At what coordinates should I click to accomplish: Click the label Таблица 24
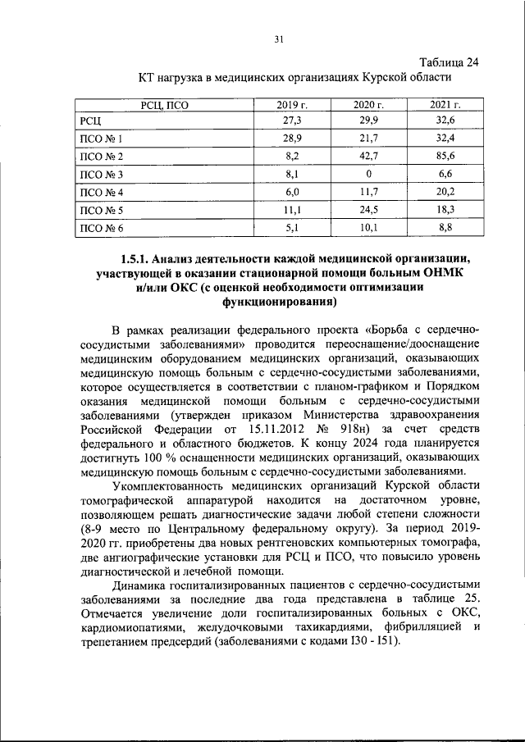[449, 63]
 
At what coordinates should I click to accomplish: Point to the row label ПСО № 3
[101, 175]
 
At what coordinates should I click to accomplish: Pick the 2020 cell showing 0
[369, 175]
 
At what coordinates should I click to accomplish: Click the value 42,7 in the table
[369, 157]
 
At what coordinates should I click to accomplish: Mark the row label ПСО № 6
[101, 229]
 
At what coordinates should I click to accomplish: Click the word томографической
[132, 499]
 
